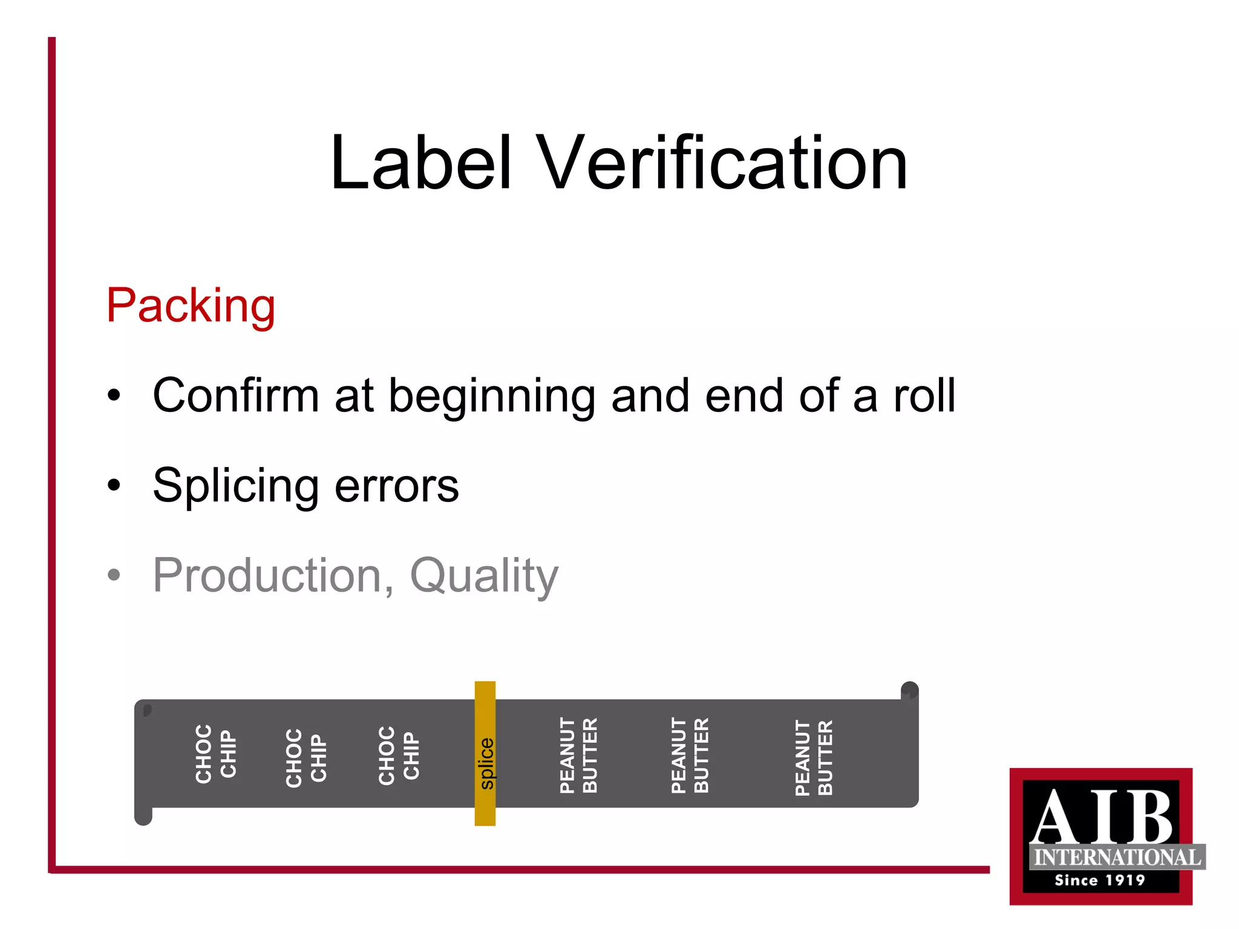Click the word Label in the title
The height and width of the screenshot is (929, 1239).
click(x=421, y=163)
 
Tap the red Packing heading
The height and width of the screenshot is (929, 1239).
click(x=191, y=306)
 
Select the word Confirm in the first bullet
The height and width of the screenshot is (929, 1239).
click(x=235, y=396)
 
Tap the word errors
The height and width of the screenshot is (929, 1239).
click(x=397, y=486)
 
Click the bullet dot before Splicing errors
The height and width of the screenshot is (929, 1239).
click(x=114, y=485)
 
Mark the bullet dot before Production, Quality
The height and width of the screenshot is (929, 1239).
click(x=114, y=575)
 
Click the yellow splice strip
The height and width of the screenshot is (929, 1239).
click(x=485, y=754)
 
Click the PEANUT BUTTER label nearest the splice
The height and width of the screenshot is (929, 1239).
click(x=579, y=755)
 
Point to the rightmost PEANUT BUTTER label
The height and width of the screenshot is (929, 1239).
click(x=814, y=757)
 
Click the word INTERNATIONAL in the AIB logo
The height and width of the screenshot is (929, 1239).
click(x=1117, y=857)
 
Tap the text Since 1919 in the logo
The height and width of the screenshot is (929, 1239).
click(x=1100, y=880)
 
